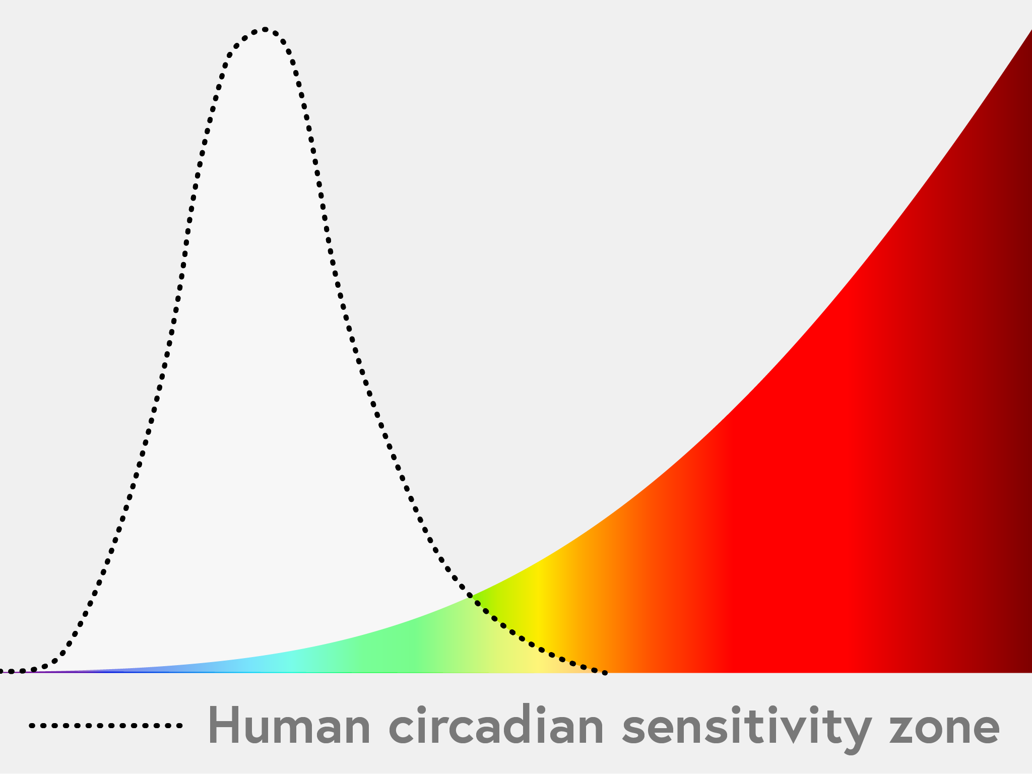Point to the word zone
(944, 730)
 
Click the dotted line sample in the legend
(106, 726)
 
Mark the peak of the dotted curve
(265, 30)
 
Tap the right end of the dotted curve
(605, 672)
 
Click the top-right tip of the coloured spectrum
(1031, 31)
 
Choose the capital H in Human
(224, 726)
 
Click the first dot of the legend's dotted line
(32, 726)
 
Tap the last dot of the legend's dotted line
(179, 726)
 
